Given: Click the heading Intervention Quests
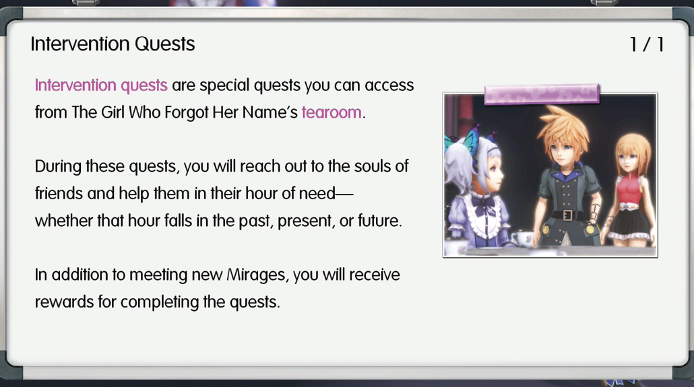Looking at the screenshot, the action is coord(113,44).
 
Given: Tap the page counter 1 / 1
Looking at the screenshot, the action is coord(647,44).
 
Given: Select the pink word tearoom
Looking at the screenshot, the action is coord(332,112).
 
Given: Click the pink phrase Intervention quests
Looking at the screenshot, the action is coord(101,85).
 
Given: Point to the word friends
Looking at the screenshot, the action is coord(59,193).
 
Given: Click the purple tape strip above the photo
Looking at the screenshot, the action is coord(542,94).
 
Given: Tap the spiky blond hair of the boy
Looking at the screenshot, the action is coord(563,128).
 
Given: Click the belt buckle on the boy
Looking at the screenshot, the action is coord(568,215).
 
